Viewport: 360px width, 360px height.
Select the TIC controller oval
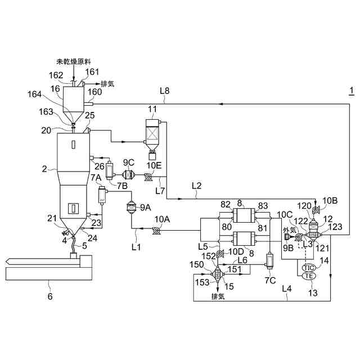point(309,267)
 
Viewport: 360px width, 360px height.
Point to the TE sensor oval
point(309,276)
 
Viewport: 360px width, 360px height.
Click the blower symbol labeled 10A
point(156,229)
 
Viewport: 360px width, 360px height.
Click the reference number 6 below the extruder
point(49,296)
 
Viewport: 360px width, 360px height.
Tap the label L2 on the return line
point(196,184)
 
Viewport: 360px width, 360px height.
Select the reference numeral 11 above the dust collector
point(152,109)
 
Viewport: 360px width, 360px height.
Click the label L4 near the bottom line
point(287,289)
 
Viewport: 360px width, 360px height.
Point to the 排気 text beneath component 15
point(218,296)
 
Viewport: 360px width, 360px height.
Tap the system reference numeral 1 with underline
point(352,91)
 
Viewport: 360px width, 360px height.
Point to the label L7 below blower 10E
point(161,191)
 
